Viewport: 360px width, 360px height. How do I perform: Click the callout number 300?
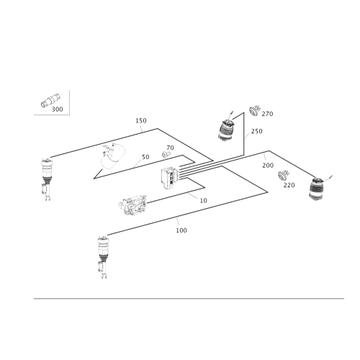(58, 109)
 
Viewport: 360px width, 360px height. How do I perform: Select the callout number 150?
(141, 121)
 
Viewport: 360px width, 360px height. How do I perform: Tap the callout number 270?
(267, 114)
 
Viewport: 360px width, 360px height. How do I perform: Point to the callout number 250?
(257, 131)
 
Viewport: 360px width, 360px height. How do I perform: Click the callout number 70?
(170, 148)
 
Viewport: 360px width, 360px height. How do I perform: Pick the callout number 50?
(145, 157)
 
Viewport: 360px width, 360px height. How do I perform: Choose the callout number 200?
(268, 166)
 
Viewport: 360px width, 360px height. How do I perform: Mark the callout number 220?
(289, 185)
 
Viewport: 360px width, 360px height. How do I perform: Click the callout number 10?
(203, 201)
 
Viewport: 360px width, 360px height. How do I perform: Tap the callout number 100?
(181, 230)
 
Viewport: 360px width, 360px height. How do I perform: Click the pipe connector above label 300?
(50, 101)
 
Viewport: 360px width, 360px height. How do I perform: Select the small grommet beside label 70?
(166, 154)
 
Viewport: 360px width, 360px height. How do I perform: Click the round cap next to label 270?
(254, 110)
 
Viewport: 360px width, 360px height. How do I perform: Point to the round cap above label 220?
(284, 175)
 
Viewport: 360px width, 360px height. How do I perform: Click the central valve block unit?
(169, 177)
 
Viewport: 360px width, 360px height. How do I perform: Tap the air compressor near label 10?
(132, 204)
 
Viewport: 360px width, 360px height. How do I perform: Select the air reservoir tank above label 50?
(113, 156)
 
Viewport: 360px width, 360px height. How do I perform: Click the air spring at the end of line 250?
(226, 130)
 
